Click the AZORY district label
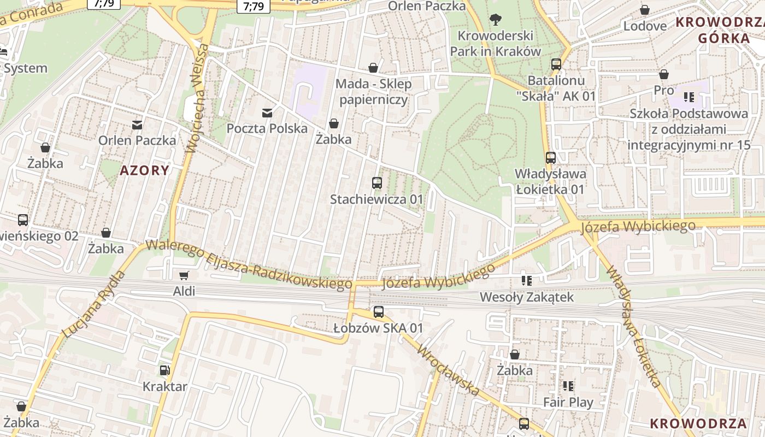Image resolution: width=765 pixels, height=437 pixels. pos(145,170)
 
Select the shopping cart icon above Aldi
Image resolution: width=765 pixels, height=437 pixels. pos(184,276)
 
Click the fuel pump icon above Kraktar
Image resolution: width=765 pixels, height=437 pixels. pos(164,370)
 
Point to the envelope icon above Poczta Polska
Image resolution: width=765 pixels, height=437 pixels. pos(267,113)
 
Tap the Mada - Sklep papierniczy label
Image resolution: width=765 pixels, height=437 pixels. pos(374,92)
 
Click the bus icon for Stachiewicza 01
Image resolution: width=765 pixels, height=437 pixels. pos(377,183)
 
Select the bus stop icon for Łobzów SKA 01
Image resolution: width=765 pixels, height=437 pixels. pos(379,312)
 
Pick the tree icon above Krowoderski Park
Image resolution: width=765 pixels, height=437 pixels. pos(496,20)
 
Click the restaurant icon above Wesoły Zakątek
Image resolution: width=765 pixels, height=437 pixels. pos(527,281)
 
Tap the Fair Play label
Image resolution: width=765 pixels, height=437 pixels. pos(568,403)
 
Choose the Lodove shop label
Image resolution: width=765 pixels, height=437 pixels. pos(645,26)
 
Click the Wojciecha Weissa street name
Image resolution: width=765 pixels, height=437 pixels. pos(197,98)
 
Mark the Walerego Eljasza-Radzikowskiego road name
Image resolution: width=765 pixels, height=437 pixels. pos(249,265)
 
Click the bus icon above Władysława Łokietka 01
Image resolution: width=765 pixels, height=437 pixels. pos(551,158)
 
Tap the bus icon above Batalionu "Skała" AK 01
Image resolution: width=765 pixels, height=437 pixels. pos(556,64)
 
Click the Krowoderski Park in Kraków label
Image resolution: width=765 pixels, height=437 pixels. pos(496,44)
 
